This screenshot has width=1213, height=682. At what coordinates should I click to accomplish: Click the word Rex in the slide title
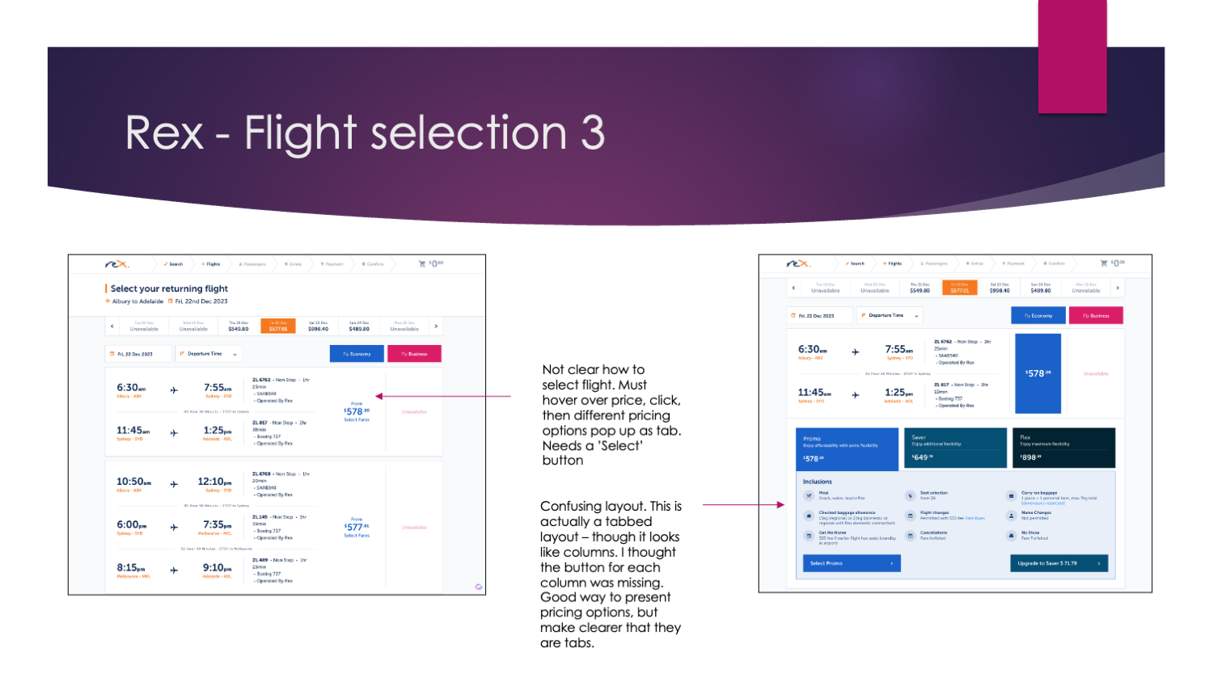point(164,133)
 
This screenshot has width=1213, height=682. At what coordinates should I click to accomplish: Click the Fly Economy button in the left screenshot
point(357,354)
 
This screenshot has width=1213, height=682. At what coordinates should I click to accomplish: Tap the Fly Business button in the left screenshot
point(414,354)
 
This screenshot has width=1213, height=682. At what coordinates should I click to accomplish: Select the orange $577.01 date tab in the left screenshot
point(278,326)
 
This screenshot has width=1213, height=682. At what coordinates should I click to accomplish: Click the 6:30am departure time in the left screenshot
point(131,388)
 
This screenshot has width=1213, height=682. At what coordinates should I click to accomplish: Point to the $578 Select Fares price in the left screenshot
point(357,411)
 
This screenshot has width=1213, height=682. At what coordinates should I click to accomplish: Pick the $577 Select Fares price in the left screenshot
point(357,527)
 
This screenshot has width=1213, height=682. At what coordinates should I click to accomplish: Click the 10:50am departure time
point(133,482)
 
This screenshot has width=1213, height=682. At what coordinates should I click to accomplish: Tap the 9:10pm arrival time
point(217,568)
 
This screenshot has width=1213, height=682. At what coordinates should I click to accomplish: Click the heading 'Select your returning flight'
point(169,288)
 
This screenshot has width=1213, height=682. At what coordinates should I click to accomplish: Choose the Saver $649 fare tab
point(954,448)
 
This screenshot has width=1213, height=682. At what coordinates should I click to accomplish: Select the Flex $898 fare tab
point(1063,448)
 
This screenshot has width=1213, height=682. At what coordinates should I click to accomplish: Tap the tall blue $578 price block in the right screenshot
point(1038,373)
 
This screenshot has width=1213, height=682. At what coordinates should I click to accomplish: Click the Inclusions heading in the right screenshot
point(818,482)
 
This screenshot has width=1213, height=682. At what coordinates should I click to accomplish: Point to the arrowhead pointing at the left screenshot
point(378,396)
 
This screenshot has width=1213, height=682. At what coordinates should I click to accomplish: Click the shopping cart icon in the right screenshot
point(1104,263)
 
